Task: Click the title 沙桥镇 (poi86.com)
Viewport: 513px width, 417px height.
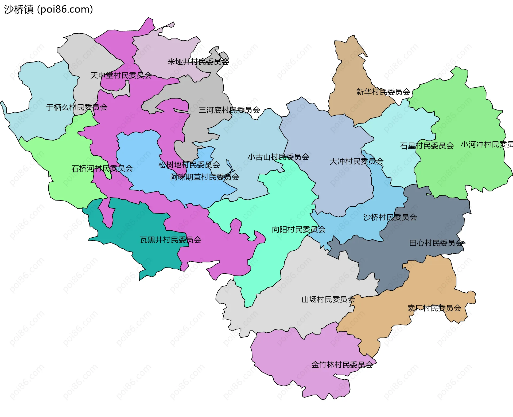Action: tap(48, 9)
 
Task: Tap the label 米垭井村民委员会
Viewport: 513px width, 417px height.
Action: tap(198, 62)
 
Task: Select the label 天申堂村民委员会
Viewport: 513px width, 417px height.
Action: tap(121, 76)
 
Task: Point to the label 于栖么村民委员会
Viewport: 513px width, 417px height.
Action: tap(77, 107)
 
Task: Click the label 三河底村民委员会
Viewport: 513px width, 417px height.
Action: tap(229, 110)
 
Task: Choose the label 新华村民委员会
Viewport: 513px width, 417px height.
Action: tap(383, 92)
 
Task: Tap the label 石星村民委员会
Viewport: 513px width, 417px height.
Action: tap(427, 146)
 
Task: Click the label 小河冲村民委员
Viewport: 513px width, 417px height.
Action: tap(487, 144)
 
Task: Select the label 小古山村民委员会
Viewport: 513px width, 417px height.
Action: tap(278, 157)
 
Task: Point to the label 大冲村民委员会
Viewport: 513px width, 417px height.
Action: tap(356, 162)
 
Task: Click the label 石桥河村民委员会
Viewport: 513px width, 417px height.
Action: tap(102, 168)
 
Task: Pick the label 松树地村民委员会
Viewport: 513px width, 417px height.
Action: tap(189, 165)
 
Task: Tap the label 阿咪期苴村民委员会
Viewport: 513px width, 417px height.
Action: tap(205, 177)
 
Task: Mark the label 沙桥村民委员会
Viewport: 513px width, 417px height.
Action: tap(390, 217)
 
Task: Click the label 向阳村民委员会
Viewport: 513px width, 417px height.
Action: tap(299, 230)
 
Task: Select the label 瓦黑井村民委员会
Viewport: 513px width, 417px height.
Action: tap(170, 240)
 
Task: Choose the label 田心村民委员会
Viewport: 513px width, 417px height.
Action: tap(436, 243)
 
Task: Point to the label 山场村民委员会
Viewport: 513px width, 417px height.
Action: tap(328, 300)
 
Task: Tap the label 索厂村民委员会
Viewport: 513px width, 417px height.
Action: tap(434, 308)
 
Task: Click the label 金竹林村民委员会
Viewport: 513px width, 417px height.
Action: tap(342, 365)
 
